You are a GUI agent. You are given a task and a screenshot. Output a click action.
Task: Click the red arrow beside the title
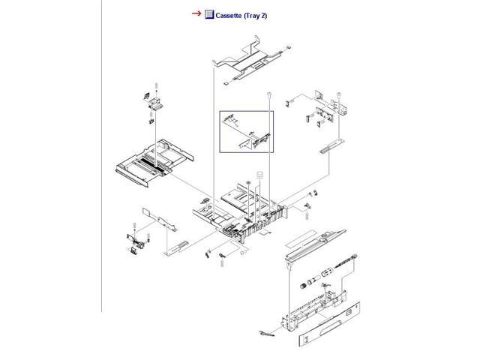click(197, 13)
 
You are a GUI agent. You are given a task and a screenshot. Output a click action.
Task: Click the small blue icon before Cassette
click(210, 14)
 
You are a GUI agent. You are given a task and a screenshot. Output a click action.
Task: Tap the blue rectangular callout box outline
click(220, 132)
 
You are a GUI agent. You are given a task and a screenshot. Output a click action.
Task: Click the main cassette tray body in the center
click(240, 210)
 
